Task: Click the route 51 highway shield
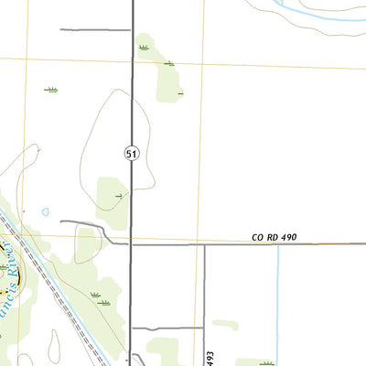pyautogui.click(x=132, y=155)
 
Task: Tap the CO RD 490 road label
pyautogui.click(x=274, y=238)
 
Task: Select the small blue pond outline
pyautogui.click(x=45, y=211)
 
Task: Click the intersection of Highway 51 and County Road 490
pyautogui.click(x=133, y=244)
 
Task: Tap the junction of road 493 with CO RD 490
pyautogui.click(x=204, y=244)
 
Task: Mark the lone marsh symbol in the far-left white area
pyautogui.click(x=51, y=90)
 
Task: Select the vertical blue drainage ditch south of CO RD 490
pyautogui.click(x=277, y=302)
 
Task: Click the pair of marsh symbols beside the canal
pyautogui.click(x=99, y=297)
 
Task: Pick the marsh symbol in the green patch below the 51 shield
pyautogui.click(x=119, y=196)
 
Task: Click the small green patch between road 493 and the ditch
pyautogui.click(x=225, y=324)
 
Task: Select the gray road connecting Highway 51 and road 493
pyautogui.click(x=167, y=328)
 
